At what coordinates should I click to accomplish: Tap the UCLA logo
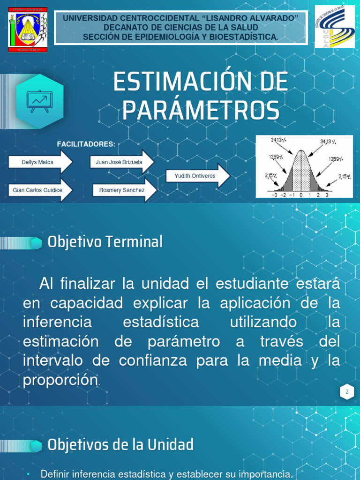pos(334,26)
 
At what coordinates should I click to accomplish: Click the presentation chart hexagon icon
pos(40,101)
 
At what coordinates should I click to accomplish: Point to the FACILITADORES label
pos(86,144)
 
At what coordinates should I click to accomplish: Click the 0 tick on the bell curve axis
pos(301,195)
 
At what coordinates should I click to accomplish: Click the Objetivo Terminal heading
pos(105,242)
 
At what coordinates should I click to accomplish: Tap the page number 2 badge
pos(347,392)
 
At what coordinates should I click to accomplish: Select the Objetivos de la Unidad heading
pos(120,444)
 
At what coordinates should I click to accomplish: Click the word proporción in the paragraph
pos(60,380)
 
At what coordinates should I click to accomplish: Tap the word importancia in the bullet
pos(259,474)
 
